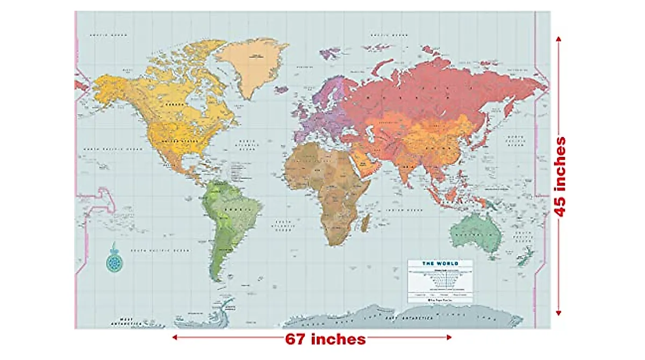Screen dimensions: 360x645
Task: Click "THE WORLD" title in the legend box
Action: pos(439,263)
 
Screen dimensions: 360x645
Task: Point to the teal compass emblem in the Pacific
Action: pos(113,262)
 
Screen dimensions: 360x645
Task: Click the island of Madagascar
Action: pos(366,222)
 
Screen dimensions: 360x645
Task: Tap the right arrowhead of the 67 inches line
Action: pos(449,337)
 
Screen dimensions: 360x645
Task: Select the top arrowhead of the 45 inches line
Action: pos(559,39)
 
